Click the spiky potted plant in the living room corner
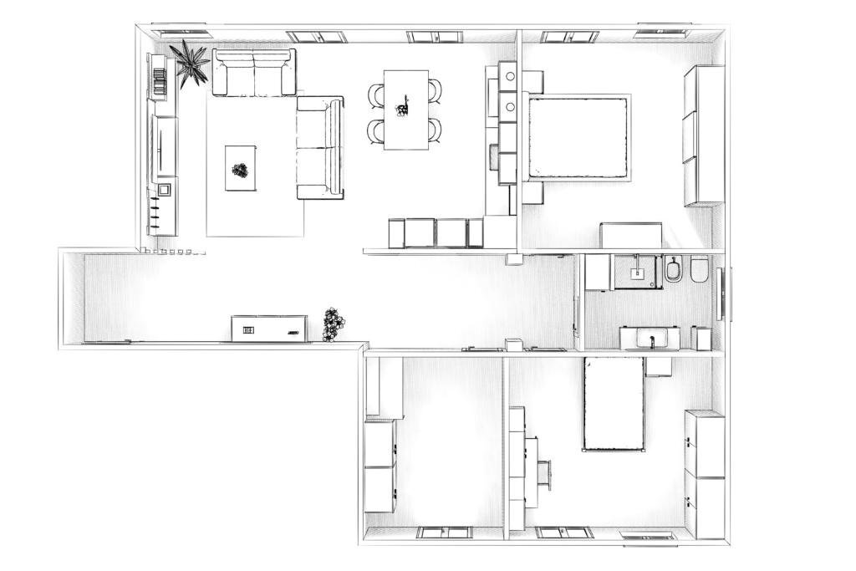(190, 63)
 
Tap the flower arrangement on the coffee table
(241, 171)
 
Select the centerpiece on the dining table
(405, 107)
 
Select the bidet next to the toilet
(674, 269)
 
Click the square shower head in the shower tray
(637, 271)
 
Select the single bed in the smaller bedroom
(614, 403)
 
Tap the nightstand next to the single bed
(659, 366)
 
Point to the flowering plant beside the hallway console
(334, 324)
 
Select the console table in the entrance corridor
(269, 329)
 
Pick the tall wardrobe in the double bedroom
(704, 135)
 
